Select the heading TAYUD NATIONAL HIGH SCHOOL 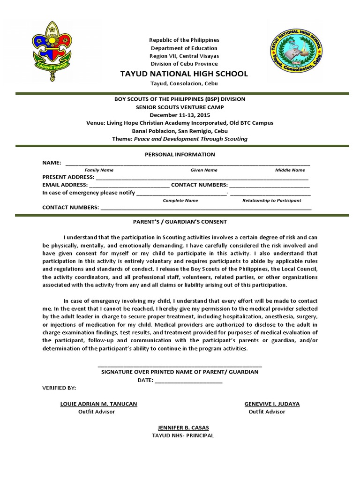[x=184, y=74]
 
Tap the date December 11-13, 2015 [x=180, y=115]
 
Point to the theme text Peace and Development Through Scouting [x=191, y=139]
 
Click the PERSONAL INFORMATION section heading [x=180, y=154]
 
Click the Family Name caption [x=99, y=170]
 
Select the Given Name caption [x=203, y=170]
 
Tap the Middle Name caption [x=290, y=170]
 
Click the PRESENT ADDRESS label [x=68, y=178]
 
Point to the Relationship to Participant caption [x=271, y=200]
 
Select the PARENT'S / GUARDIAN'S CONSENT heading [x=180, y=222]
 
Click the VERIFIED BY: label [x=59, y=389]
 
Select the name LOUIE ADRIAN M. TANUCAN [x=99, y=404]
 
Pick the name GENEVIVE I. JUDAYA [x=272, y=404]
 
